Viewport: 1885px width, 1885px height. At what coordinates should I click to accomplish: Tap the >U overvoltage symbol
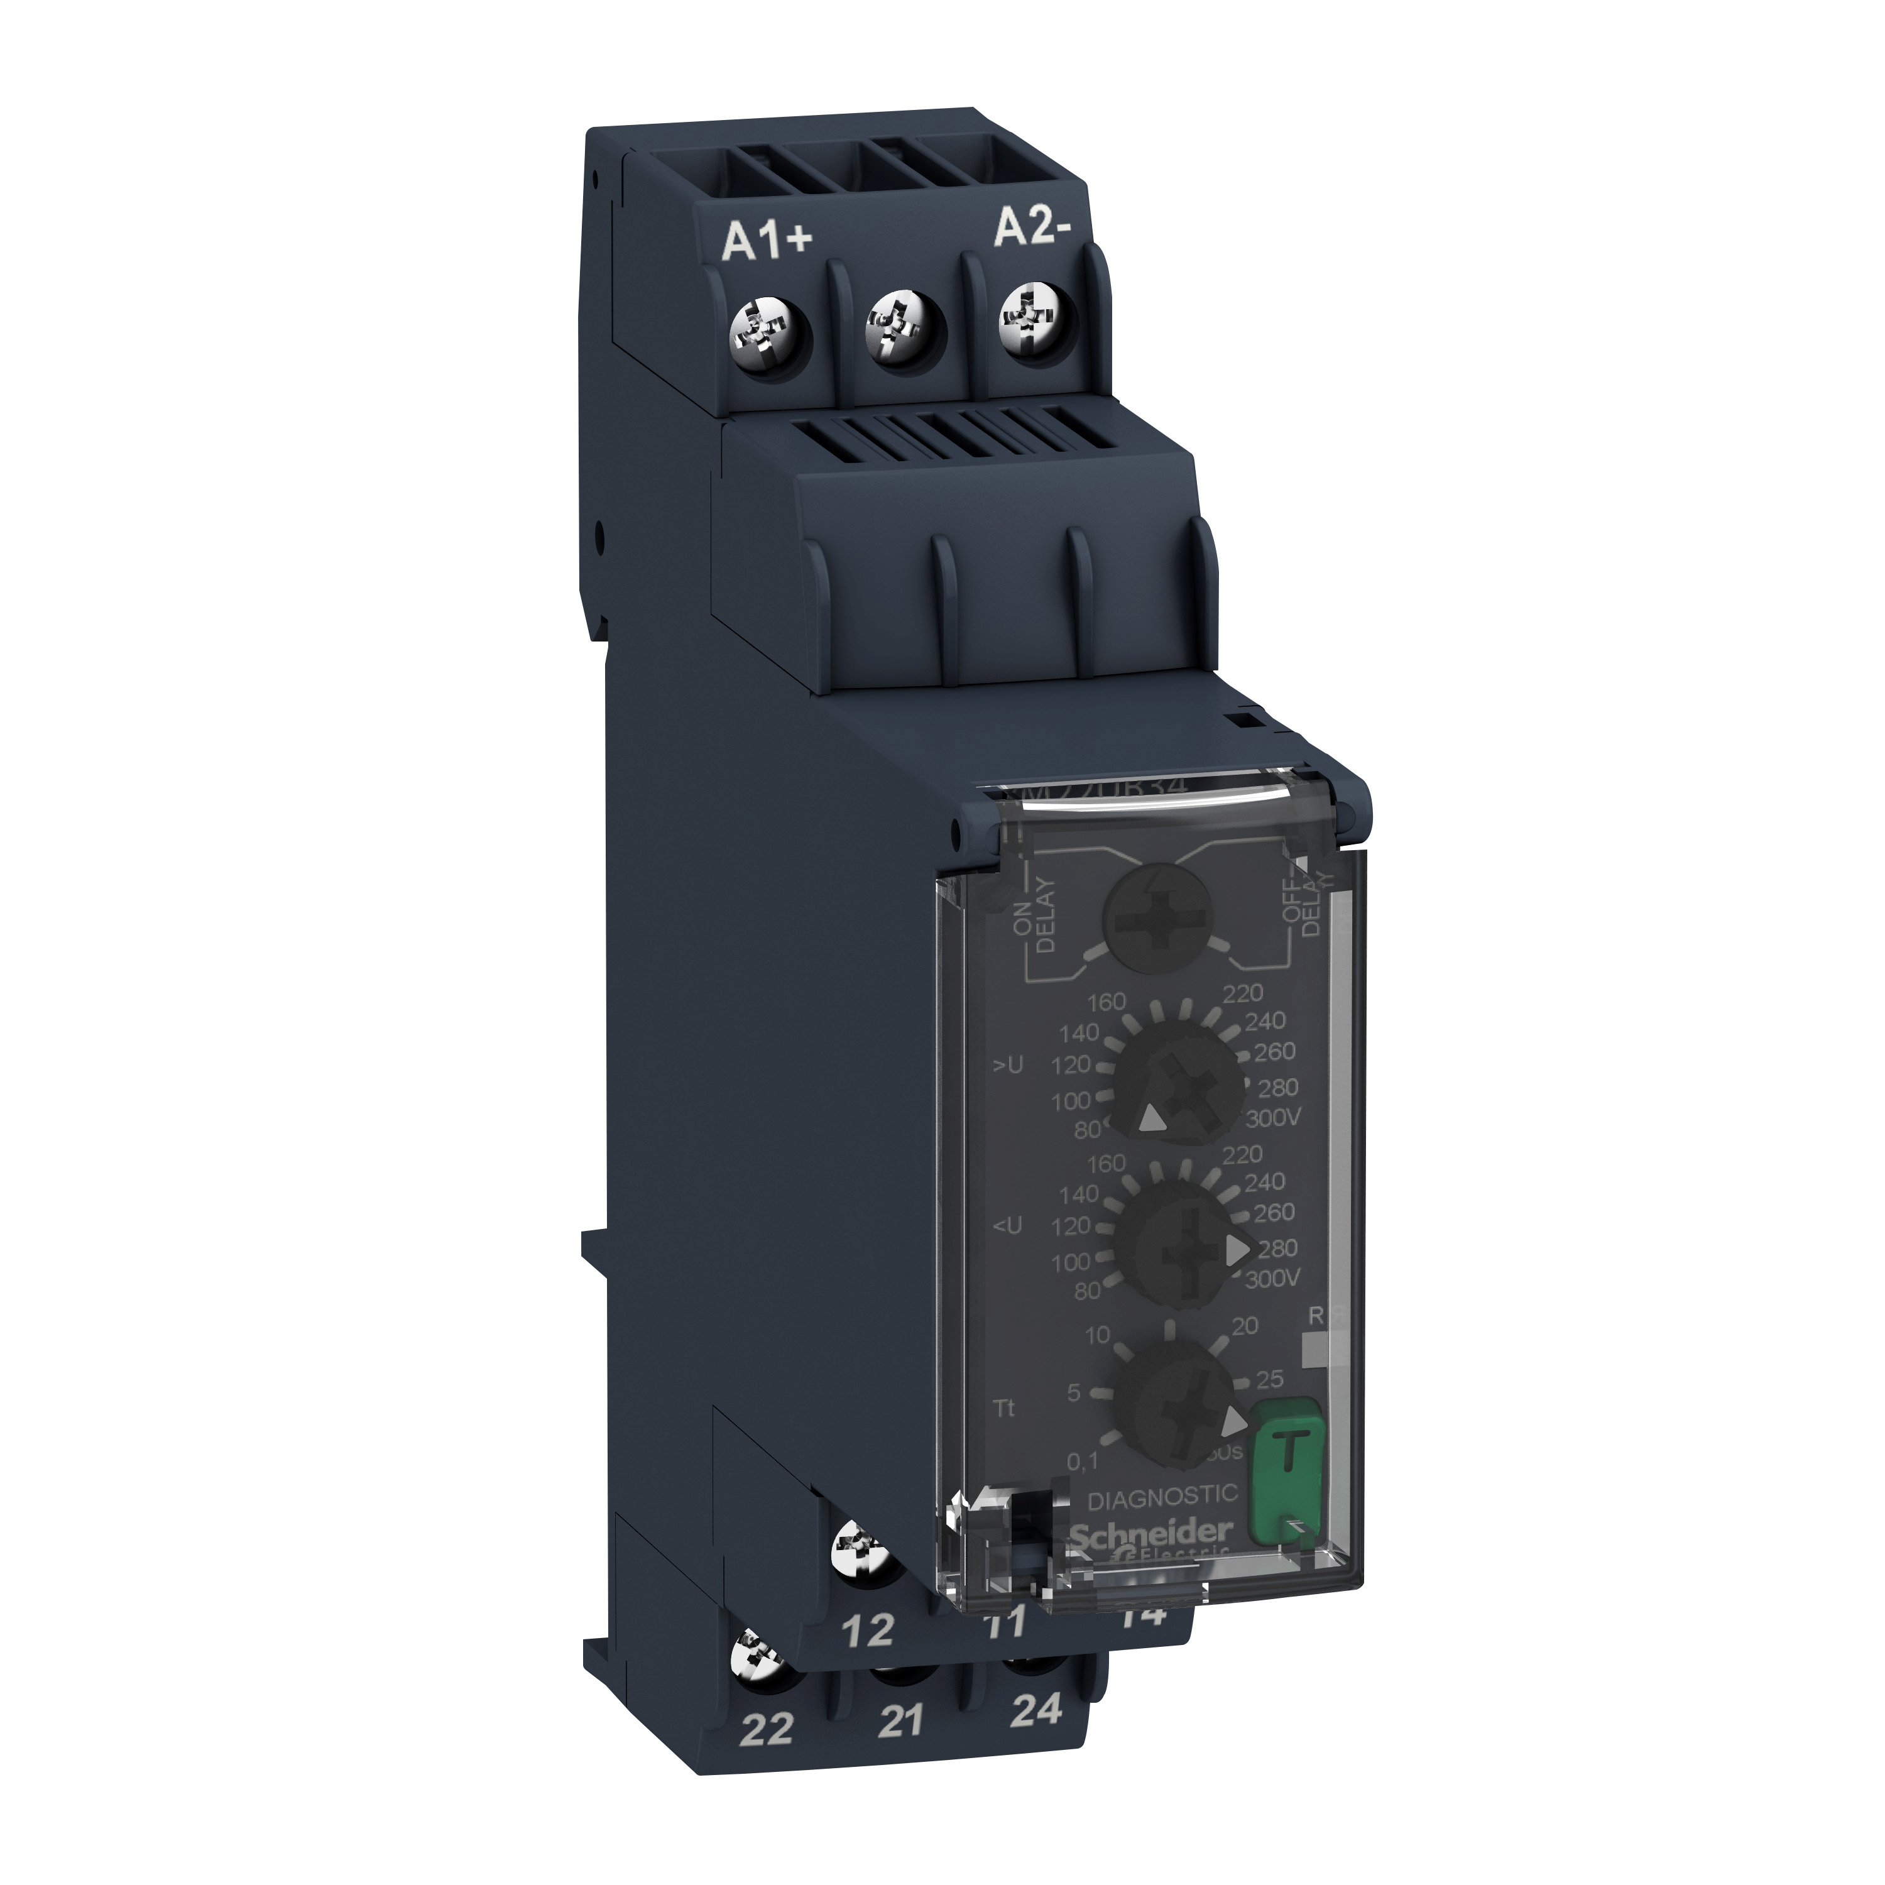[x=1009, y=1066]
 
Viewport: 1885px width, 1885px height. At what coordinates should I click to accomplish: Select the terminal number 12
[x=867, y=1629]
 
